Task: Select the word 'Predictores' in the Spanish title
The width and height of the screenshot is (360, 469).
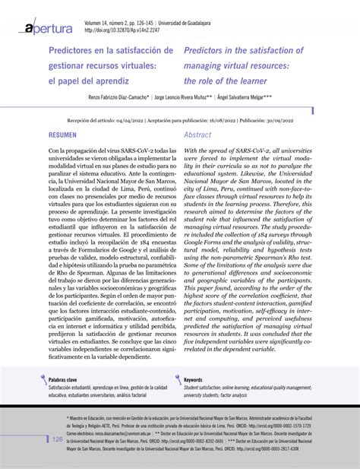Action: tap(75, 50)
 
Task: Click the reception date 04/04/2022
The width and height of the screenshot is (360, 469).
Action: tap(137, 120)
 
